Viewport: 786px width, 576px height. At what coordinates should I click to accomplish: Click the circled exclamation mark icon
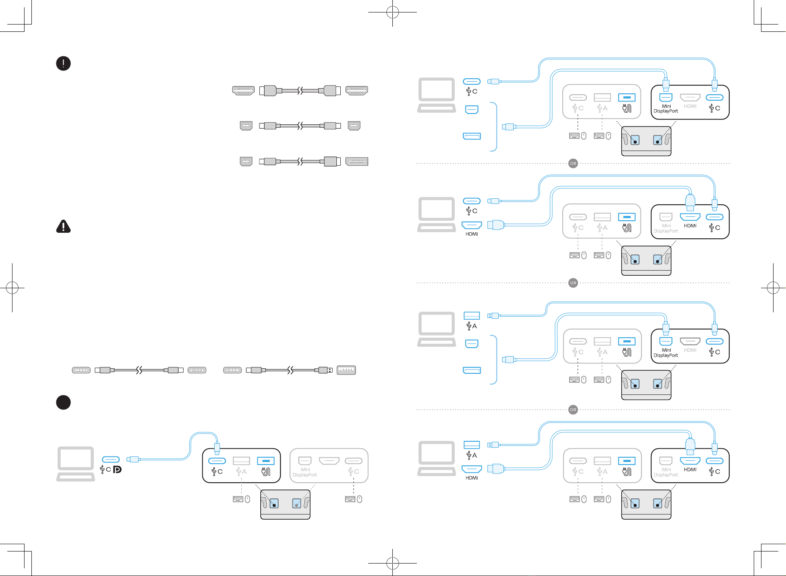(x=63, y=63)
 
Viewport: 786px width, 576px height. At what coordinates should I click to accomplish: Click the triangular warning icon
(x=63, y=226)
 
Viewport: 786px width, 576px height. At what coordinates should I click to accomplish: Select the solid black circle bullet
(x=63, y=402)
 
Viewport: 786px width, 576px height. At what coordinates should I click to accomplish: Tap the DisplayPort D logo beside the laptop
(x=117, y=469)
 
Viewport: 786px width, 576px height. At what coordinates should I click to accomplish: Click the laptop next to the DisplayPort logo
(x=76, y=464)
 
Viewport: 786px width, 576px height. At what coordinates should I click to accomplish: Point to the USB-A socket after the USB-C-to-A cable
(x=346, y=370)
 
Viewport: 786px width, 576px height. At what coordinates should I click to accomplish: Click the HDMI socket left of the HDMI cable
(x=243, y=91)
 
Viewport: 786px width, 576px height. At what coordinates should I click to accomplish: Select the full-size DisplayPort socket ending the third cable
(x=357, y=162)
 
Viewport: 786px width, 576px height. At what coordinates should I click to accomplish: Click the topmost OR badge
(x=573, y=163)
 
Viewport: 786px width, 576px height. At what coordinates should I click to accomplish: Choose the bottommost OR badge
(x=573, y=410)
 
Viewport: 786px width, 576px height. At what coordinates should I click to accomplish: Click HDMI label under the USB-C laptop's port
(x=472, y=234)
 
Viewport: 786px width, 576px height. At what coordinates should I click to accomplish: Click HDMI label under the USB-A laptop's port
(x=472, y=478)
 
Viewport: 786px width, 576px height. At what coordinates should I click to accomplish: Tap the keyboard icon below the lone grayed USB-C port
(x=350, y=499)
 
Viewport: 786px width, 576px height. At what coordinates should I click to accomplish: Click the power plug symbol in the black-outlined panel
(x=266, y=472)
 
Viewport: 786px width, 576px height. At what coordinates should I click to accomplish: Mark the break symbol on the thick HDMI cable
(x=300, y=91)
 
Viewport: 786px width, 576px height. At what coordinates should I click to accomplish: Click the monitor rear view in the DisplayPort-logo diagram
(x=285, y=504)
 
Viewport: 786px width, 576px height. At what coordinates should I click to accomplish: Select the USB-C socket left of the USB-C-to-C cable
(x=81, y=370)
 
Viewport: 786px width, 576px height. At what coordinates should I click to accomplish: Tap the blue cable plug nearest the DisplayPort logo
(x=133, y=459)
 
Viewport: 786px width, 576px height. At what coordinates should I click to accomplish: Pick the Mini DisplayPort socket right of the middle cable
(x=354, y=126)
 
